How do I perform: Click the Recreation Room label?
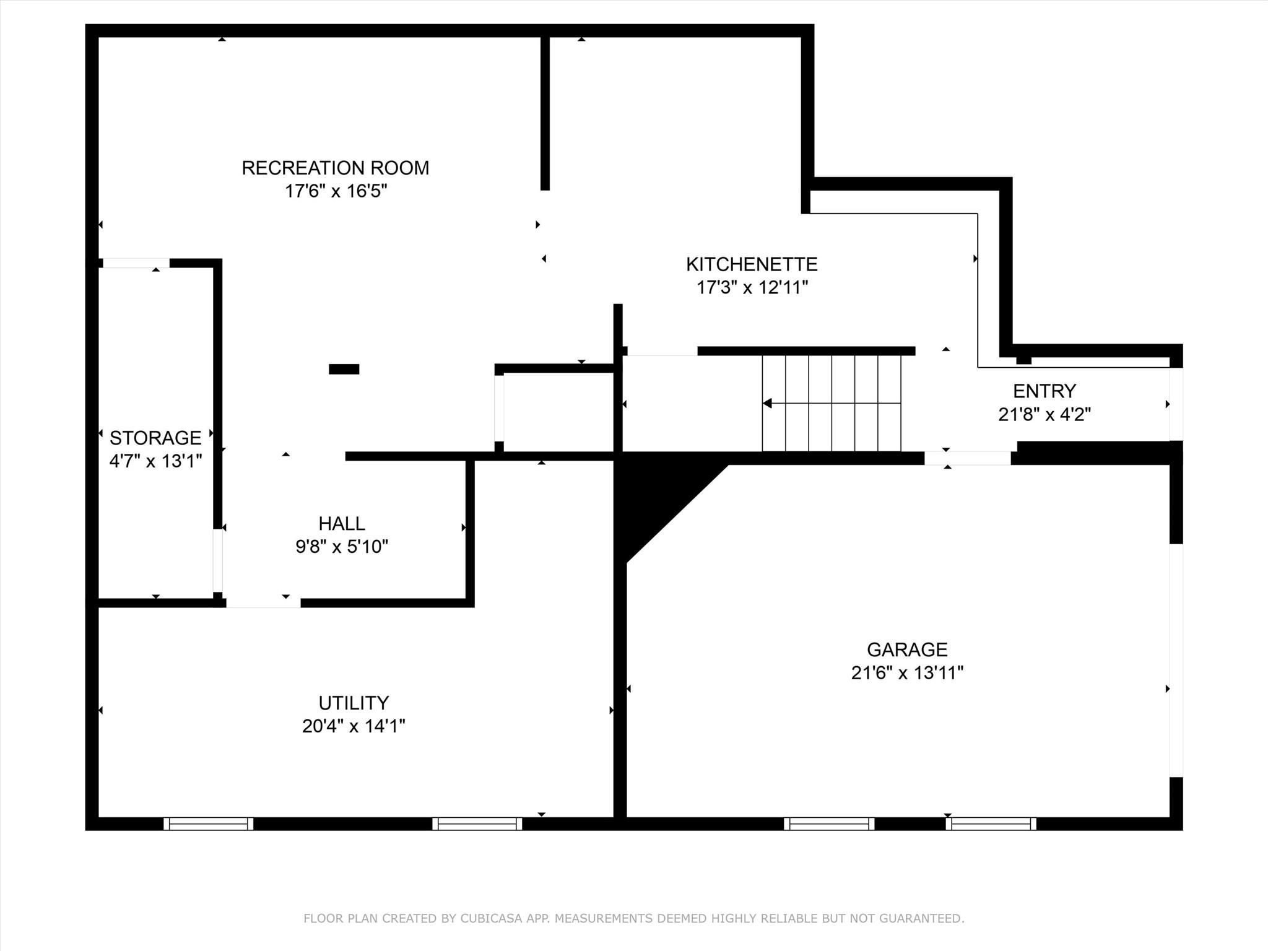tap(335, 168)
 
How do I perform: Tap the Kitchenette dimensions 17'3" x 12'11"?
tap(752, 288)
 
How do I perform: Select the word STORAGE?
tap(155, 438)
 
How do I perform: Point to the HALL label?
tap(342, 524)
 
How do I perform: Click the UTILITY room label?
tap(354, 703)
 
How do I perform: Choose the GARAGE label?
tap(907, 649)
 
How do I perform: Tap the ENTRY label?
tap(1044, 391)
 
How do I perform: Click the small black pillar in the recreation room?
tap(344, 369)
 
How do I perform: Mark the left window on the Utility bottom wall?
tap(209, 823)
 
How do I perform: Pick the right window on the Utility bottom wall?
tap(477, 823)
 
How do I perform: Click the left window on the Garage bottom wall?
tap(829, 823)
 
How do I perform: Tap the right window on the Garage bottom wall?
tap(991, 823)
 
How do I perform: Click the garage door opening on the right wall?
tap(1176, 660)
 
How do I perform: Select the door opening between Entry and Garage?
tap(968, 458)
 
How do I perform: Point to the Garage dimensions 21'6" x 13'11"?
tap(907, 673)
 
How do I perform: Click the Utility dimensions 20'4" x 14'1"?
tap(354, 726)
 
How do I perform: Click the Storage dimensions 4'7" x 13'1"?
tap(155, 461)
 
